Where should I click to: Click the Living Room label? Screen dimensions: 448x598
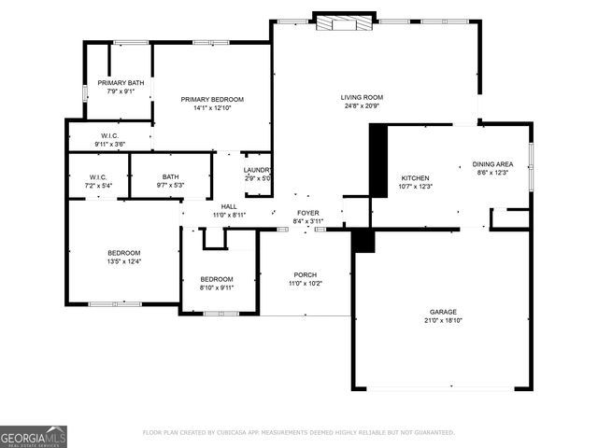point(361,97)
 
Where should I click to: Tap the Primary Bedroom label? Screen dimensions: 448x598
point(212,99)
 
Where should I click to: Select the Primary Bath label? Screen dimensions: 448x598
point(121,82)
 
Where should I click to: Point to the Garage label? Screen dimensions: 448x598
point(443,312)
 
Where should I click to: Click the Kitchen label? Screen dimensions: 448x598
point(415,177)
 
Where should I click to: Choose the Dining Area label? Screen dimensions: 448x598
point(491,163)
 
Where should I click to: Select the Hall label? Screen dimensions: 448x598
point(229,206)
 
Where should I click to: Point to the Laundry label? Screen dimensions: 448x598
point(257,170)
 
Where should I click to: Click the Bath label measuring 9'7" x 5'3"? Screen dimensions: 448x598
point(170,176)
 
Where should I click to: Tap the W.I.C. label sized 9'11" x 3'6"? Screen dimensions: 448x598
point(109,135)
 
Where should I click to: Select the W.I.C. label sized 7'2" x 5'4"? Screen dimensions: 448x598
point(98,176)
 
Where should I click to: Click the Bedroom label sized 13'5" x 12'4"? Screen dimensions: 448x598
point(123,253)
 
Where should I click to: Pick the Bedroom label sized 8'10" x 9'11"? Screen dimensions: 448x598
point(217,279)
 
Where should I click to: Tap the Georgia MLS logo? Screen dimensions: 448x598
point(34,436)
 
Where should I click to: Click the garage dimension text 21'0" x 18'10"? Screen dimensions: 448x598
point(443,320)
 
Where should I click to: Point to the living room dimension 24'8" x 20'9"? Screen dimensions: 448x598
point(361,105)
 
